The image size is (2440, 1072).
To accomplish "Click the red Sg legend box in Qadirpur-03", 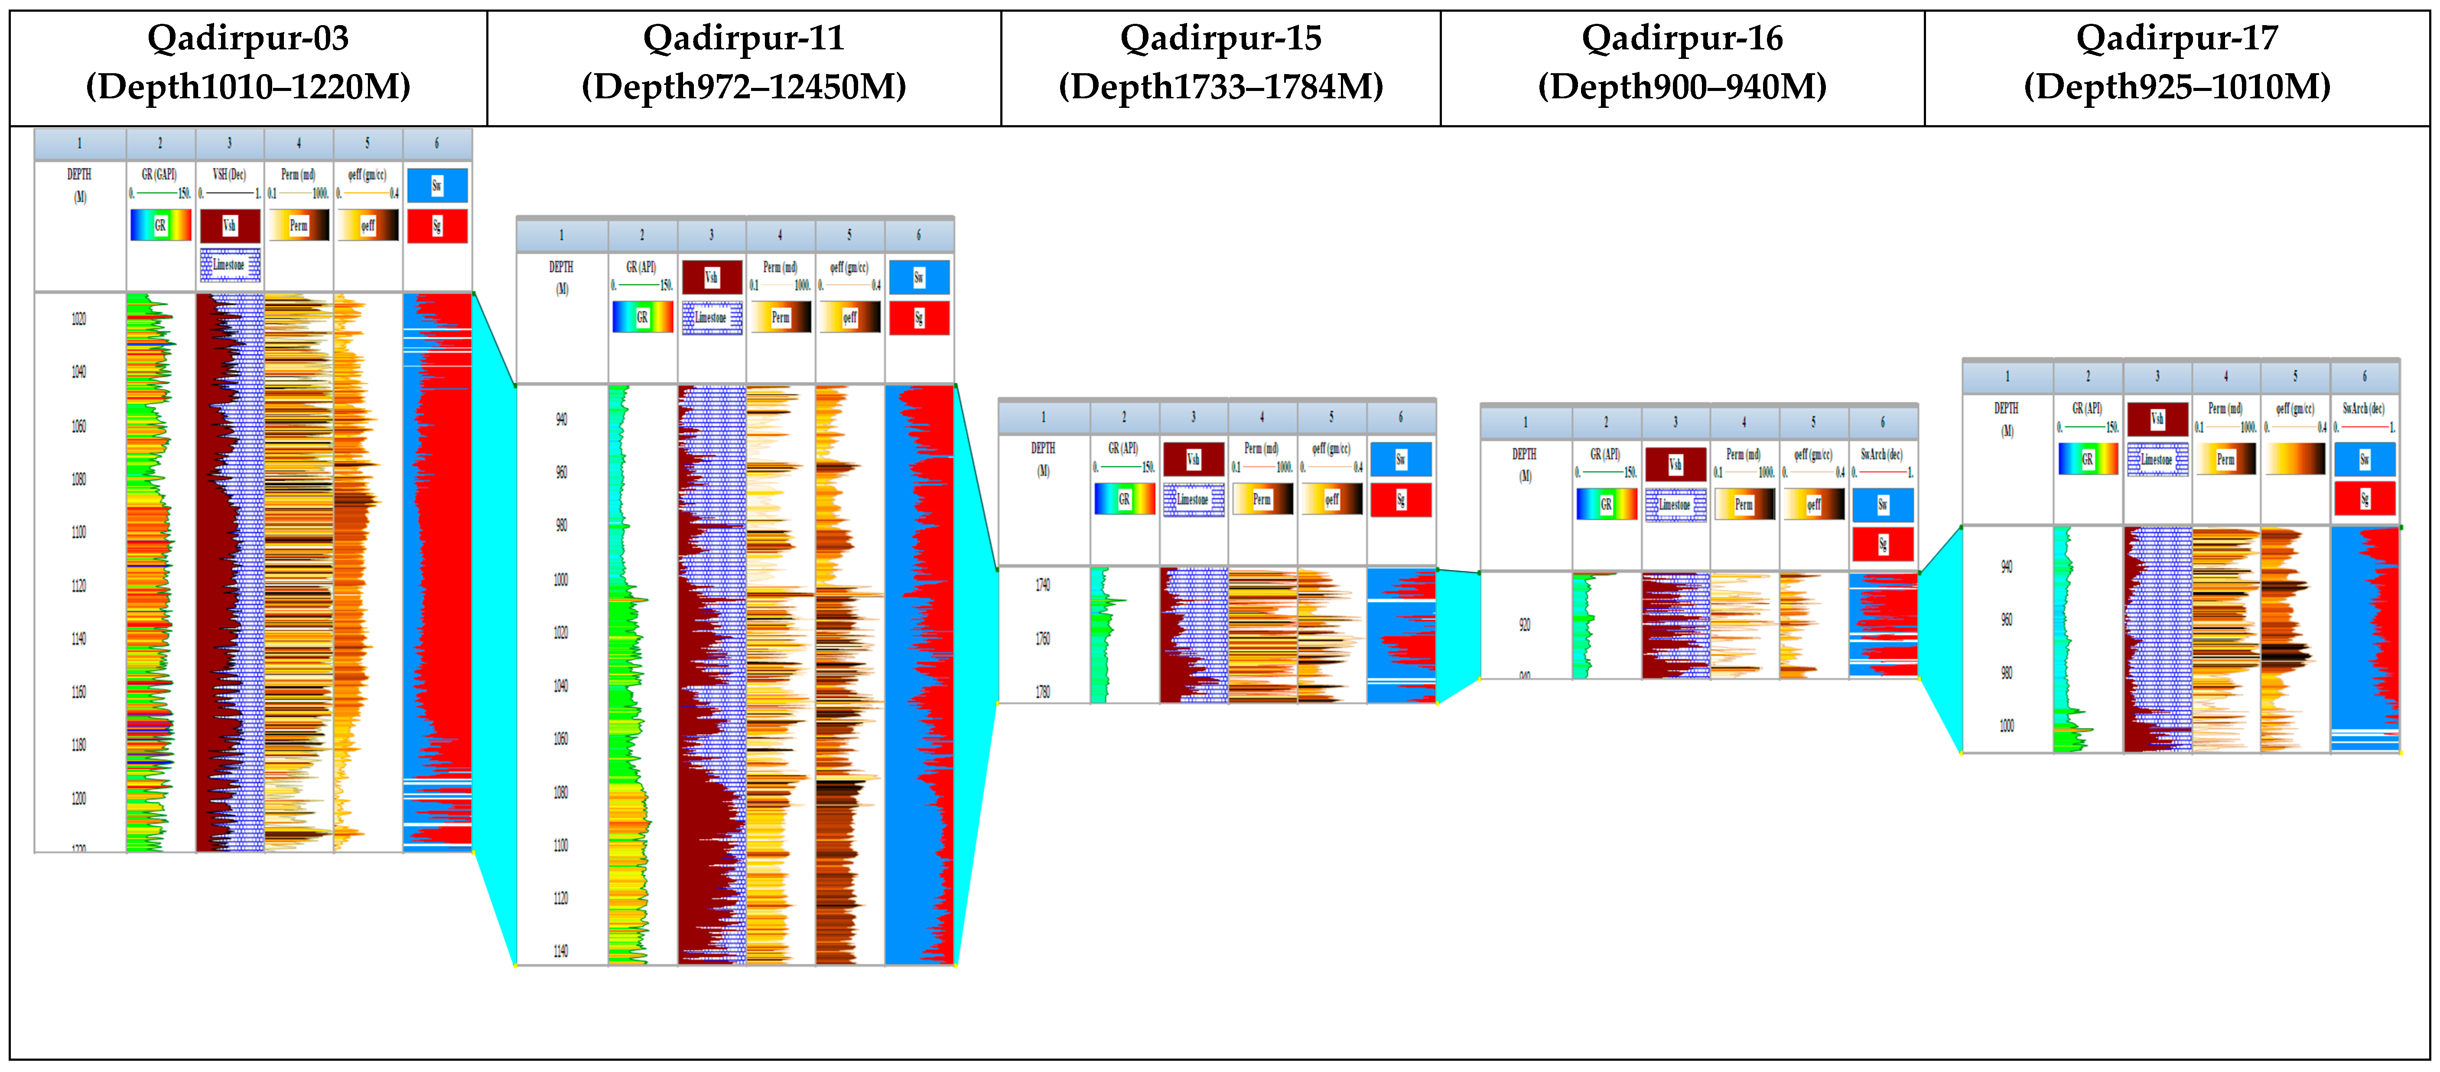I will [437, 227].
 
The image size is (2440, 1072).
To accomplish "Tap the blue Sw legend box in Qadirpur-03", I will [437, 186].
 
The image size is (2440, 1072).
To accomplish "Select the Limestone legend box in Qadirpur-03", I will [229, 265].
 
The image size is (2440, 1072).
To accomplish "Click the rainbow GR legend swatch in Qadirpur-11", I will [642, 317].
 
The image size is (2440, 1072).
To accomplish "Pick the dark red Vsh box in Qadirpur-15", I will [1194, 459].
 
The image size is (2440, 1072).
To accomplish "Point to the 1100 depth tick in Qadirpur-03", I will [78, 532].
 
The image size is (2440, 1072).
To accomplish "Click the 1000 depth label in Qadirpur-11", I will [561, 580].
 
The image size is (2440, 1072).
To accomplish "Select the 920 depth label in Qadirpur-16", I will [1524, 625].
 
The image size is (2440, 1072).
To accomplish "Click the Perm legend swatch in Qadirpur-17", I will [2226, 459].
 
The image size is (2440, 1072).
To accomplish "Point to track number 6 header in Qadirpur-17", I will [2364, 376].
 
